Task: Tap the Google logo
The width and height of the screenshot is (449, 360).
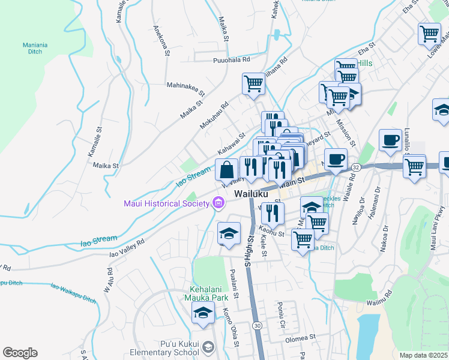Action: pyautogui.click(x=20, y=353)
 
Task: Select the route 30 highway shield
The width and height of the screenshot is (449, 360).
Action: pyautogui.click(x=257, y=325)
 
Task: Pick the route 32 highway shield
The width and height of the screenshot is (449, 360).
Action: pyautogui.click(x=355, y=167)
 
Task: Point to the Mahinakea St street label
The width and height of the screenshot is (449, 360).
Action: pyautogui.click(x=186, y=89)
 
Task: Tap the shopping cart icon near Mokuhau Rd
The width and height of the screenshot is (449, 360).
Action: pyautogui.click(x=253, y=83)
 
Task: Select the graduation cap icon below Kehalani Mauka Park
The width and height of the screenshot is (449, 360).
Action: pyautogui.click(x=203, y=313)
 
